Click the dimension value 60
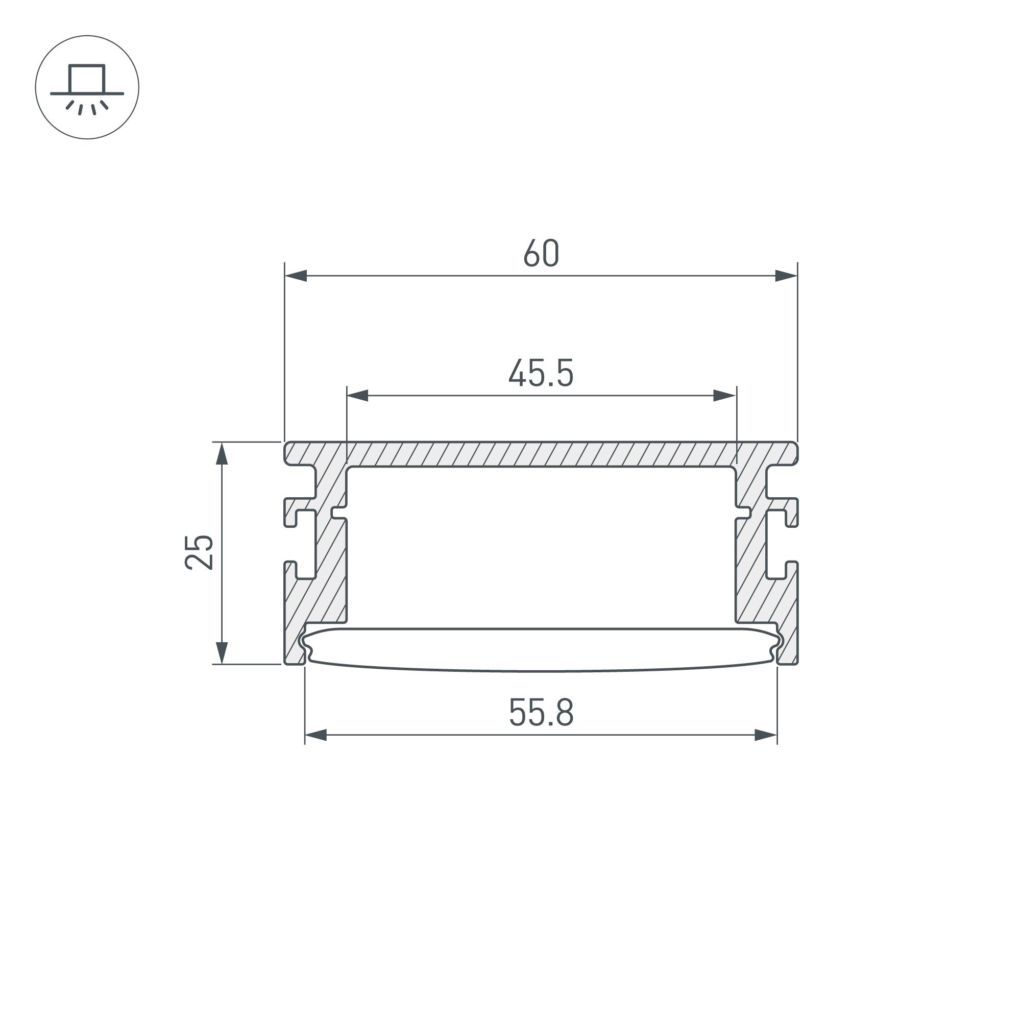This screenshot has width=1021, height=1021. (541, 253)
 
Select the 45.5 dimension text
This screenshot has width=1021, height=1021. (541, 373)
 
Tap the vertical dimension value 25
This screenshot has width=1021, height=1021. (199, 552)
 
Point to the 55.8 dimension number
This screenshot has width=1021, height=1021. (541, 712)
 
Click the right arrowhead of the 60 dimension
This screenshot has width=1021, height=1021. (786, 275)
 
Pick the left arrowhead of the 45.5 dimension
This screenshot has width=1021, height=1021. (358, 395)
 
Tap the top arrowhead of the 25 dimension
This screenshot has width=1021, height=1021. (222, 453)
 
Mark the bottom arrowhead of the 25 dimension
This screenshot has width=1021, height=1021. (222, 652)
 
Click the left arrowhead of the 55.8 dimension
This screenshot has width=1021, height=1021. (316, 735)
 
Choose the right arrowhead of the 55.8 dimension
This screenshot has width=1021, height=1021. (766, 735)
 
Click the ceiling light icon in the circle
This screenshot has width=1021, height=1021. (87, 88)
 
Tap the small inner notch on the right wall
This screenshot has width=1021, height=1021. (745, 513)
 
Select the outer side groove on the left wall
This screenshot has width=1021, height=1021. (305, 544)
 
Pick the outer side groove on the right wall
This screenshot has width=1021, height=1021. (776, 544)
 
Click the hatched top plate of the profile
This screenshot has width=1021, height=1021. (541, 454)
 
